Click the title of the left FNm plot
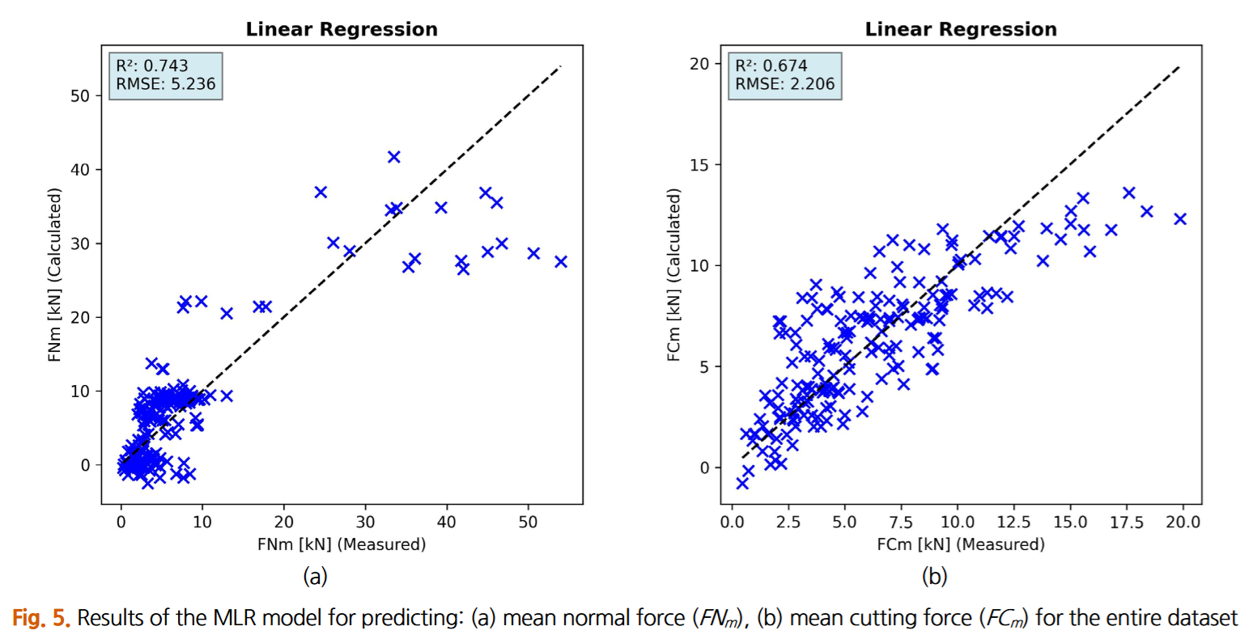pos(342,30)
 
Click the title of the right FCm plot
pos(961,30)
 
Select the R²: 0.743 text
pos(152,66)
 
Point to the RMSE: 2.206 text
pos(784,84)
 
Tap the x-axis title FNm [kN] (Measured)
pos(342,544)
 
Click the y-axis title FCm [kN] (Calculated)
pos(673,275)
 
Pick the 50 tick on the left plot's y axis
pos(81,95)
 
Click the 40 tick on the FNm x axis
pos(447,522)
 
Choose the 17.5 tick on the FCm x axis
pos(1127,522)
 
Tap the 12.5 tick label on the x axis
pos(1014,522)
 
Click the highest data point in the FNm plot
pos(394,157)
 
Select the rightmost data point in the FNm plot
pos(561,261)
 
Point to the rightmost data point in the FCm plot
pos(1180,218)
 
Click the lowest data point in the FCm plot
pos(742,483)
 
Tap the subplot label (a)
pos(315,577)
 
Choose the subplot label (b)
pos(934,577)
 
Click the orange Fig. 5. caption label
pos(41,619)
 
